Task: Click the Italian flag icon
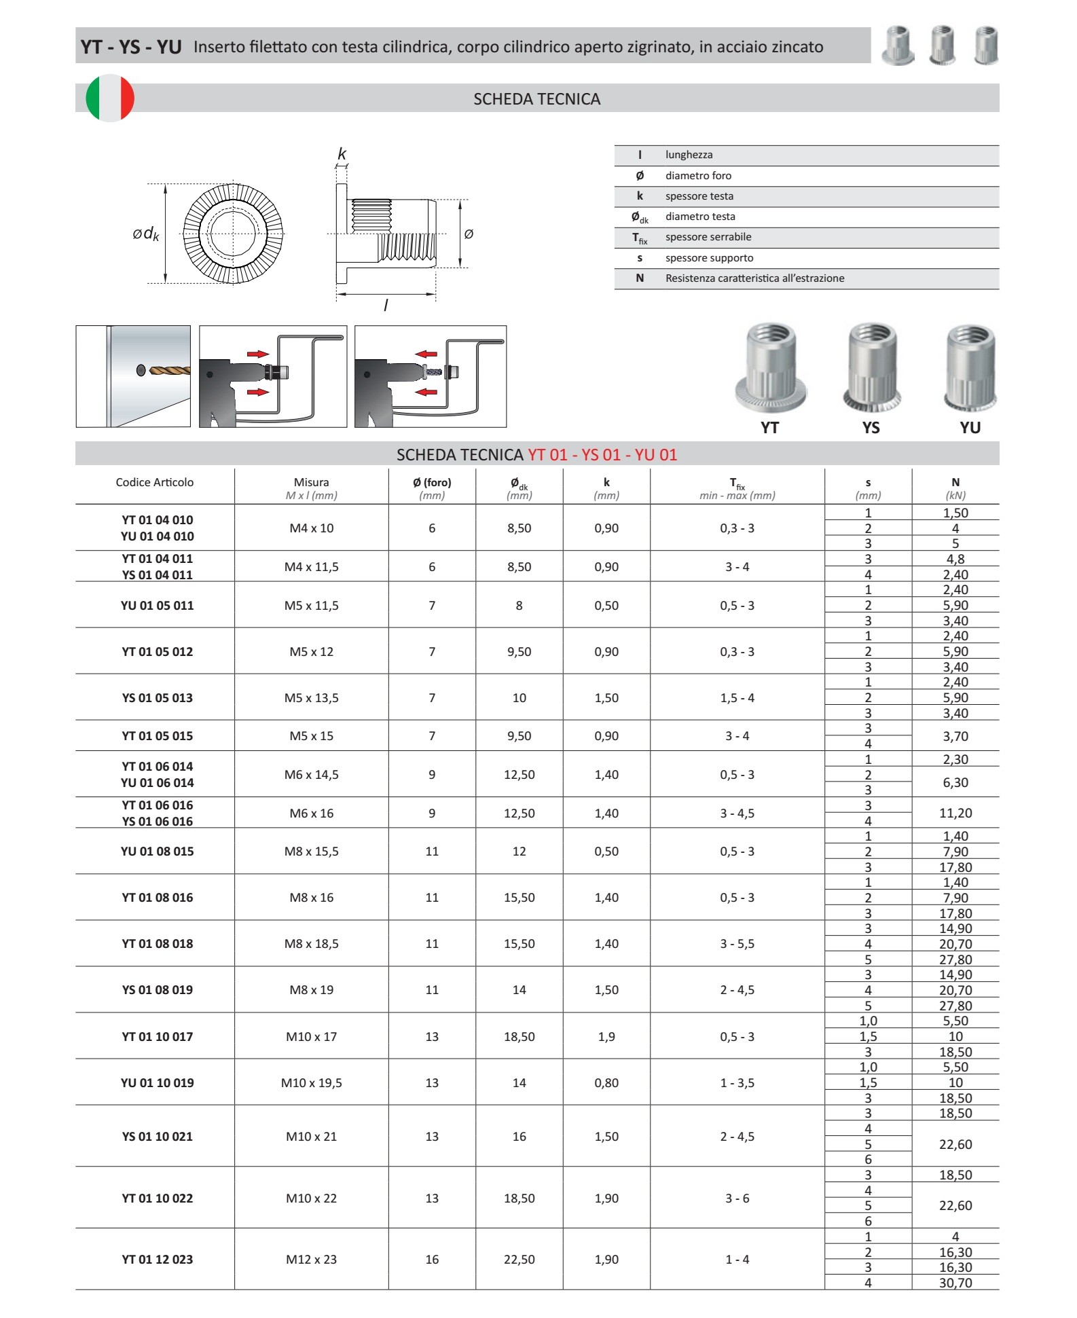[x=110, y=98]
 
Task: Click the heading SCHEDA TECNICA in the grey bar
[x=536, y=99]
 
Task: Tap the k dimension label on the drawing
[x=342, y=154]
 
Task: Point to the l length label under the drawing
[x=386, y=306]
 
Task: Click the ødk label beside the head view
[x=146, y=234]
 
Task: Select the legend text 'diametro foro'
[x=698, y=176]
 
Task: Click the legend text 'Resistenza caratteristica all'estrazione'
[x=754, y=278]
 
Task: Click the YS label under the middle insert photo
[x=871, y=428]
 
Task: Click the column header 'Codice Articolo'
[x=154, y=483]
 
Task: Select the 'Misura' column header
[x=311, y=483]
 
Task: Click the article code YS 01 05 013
[x=157, y=698]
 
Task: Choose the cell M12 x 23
[x=311, y=1260]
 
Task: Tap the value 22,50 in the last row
[x=519, y=1260]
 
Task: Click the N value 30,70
[x=955, y=1283]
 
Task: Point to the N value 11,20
[x=955, y=813]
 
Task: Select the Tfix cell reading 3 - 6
[x=737, y=1198]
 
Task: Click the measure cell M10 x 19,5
[x=311, y=1083]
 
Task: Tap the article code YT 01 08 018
[x=157, y=944]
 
